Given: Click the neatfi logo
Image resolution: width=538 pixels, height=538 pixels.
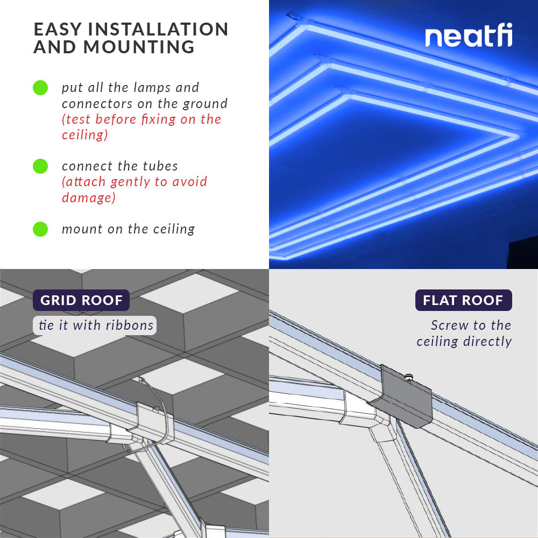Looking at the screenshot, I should pos(469,37).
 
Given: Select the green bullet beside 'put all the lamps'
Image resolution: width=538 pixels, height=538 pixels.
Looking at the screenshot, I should pos(40,88).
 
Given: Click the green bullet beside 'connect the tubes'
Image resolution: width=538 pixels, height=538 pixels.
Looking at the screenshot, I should pos(40,166).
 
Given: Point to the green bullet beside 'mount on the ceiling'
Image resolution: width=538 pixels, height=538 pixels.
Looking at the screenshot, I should pos(40,229).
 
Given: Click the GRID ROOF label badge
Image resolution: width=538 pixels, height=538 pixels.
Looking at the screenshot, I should pos(81,300).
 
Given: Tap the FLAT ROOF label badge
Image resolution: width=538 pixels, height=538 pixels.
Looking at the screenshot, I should pos(463,300).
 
